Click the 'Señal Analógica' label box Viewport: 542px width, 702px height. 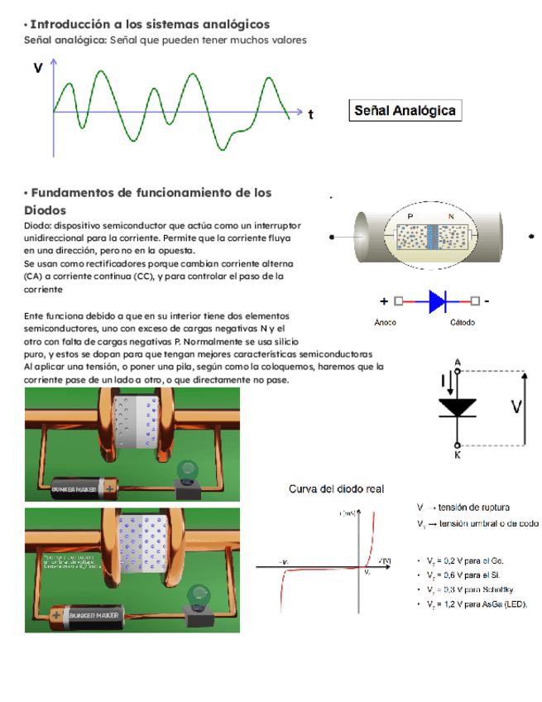405,110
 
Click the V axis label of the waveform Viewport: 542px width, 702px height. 38,69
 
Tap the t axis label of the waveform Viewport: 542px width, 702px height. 310,114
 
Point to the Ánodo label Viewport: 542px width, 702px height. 386,322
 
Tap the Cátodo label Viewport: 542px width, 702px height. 462,322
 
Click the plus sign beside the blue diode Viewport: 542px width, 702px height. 384,301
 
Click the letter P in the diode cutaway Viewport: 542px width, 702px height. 410,216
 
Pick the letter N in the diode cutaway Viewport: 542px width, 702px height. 451,216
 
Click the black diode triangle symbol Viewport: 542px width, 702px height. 457,406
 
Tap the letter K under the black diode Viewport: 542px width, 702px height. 458,454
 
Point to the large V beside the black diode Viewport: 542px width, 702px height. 516,406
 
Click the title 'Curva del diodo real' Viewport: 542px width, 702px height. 335,489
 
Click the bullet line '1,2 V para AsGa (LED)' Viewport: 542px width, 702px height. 476,603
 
